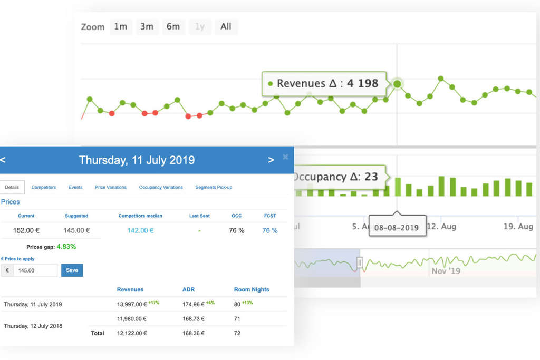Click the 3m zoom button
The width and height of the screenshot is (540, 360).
pos(147,27)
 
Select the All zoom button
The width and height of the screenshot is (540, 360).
pos(226,27)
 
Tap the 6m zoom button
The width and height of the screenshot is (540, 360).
pos(173,27)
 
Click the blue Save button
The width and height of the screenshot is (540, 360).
pos(72,270)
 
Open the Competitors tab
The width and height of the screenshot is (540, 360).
pos(44,187)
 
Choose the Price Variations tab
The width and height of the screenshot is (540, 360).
pos(111,187)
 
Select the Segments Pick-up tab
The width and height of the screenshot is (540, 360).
pos(214,187)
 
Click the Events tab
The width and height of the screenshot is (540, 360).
pos(75,187)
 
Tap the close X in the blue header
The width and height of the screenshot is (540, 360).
pos(285,157)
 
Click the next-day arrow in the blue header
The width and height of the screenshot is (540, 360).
pos(271,160)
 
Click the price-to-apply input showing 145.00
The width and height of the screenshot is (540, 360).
pos(35,270)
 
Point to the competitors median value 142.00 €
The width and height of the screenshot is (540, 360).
pos(140,230)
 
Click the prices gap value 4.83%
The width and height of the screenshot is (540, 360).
pos(66,246)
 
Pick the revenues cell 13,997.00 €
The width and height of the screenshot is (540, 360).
pos(131,304)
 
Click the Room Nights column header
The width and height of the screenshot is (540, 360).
pos(252,289)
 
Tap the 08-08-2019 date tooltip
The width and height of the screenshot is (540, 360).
pos(397,228)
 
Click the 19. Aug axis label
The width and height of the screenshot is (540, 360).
pos(518,227)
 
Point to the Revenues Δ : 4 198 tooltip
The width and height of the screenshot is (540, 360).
pos(324,83)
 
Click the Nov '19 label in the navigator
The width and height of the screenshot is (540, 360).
pos(446,270)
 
